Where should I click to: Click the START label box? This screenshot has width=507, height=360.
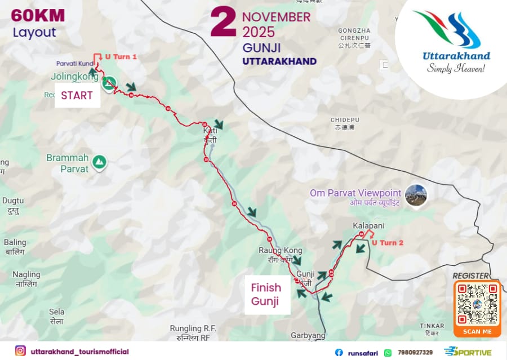(77, 95)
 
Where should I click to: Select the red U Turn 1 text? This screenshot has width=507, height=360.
(121, 57)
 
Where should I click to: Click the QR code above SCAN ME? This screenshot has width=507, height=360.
(477, 304)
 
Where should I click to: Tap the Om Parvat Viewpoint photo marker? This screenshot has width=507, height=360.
(416, 195)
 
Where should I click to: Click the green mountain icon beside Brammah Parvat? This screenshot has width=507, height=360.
(100, 162)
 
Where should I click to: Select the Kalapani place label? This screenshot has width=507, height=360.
(368, 225)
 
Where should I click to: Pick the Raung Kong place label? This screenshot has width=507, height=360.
(280, 250)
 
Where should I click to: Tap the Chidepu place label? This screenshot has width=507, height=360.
(345, 120)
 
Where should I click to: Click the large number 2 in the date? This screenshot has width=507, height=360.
(223, 24)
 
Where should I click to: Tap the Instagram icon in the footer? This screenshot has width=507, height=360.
(20, 351)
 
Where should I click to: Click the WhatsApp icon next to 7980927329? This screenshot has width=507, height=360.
(388, 352)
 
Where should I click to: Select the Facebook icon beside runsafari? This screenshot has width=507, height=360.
(339, 352)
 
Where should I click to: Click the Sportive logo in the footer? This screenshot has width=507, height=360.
(468, 352)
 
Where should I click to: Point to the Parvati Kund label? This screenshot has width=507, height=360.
(74, 63)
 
